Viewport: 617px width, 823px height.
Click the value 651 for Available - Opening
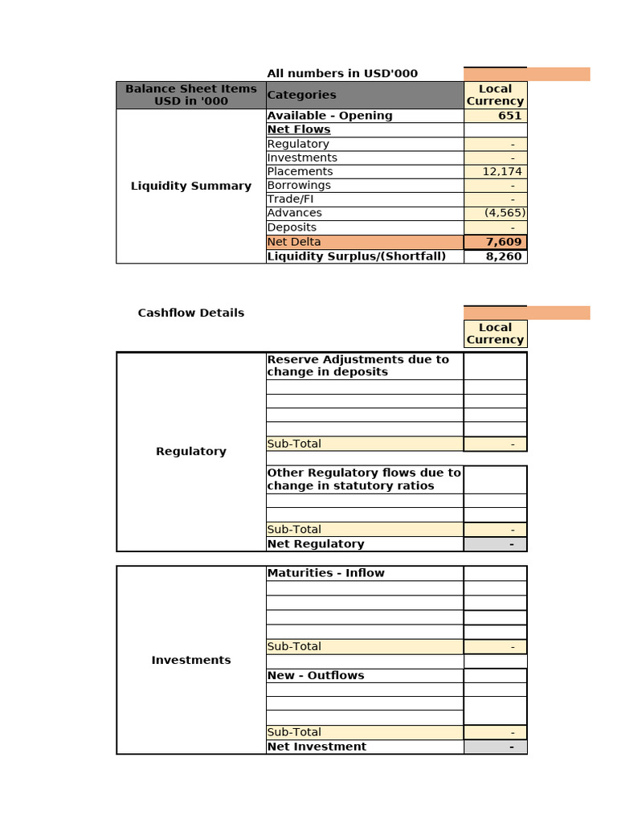pos(509,116)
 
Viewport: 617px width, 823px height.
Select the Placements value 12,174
pos(503,172)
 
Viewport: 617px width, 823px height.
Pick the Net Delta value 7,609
pos(504,242)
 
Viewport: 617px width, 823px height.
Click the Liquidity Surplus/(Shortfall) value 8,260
pos(504,256)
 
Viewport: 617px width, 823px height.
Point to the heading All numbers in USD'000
pos(342,74)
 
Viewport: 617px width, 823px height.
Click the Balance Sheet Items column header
pos(191,95)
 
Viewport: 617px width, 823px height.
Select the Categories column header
pos(302,95)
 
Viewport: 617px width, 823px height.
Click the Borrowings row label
pos(299,186)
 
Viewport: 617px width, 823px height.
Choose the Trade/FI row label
pos(291,199)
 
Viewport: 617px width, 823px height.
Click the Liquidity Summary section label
pos(191,186)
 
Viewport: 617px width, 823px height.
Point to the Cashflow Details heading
pos(191,313)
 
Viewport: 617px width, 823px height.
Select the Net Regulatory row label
pos(316,544)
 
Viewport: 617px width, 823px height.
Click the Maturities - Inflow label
pos(326,573)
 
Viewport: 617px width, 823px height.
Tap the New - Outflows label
pos(316,676)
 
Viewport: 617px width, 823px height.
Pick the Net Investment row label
pos(317,747)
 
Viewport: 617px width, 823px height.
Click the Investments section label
pos(191,660)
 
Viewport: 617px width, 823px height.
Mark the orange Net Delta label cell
pos(365,242)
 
